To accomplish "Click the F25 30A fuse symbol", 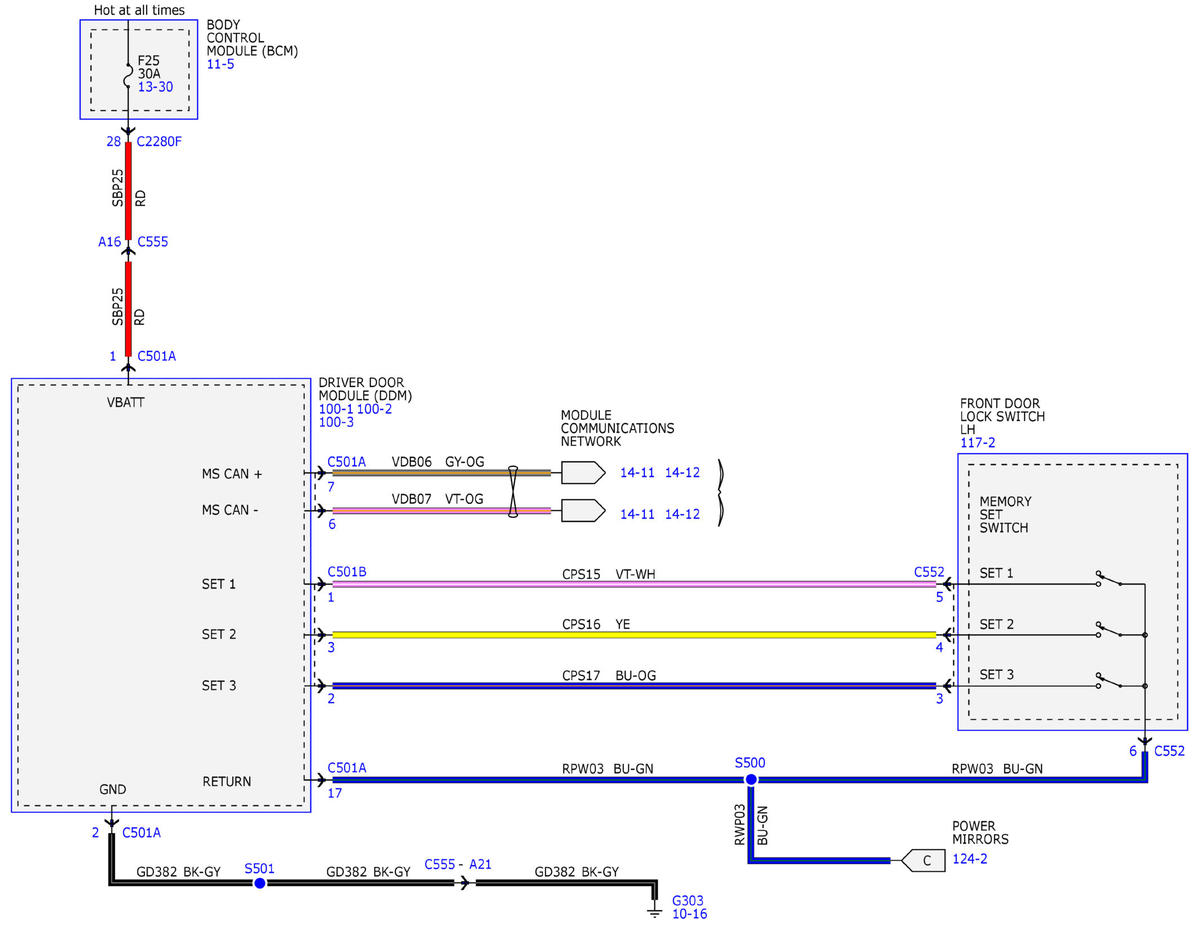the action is pos(128,76).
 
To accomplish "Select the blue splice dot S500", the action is pos(751,780).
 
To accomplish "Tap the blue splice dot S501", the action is pos(260,883).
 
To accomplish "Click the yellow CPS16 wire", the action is pos(634,635).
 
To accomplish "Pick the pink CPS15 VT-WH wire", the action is pos(634,584).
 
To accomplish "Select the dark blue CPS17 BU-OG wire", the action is pos(634,686).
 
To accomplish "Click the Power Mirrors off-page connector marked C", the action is pos(923,860).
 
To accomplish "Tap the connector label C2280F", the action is pos(159,141).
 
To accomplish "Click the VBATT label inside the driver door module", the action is pos(125,402).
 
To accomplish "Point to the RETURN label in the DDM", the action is pos(226,781).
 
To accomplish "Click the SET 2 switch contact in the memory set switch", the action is pos(1110,630).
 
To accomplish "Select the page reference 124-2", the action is pos(970,859).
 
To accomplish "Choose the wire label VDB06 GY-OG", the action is pos(438,462).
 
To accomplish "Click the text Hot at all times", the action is pos(139,10).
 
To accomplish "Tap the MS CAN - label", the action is pos(230,510).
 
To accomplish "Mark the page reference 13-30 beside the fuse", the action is pos(155,87).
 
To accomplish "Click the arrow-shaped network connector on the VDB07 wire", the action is pos(583,511).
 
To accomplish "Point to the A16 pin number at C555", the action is pos(109,241).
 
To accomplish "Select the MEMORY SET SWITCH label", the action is pos(1005,515).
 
